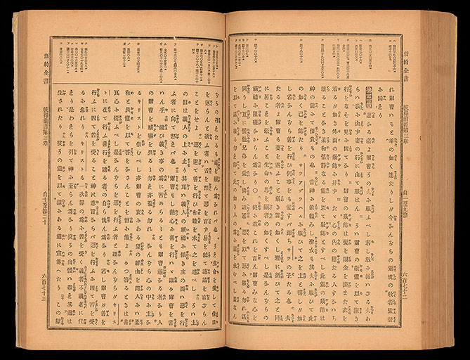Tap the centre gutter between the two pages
225,183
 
